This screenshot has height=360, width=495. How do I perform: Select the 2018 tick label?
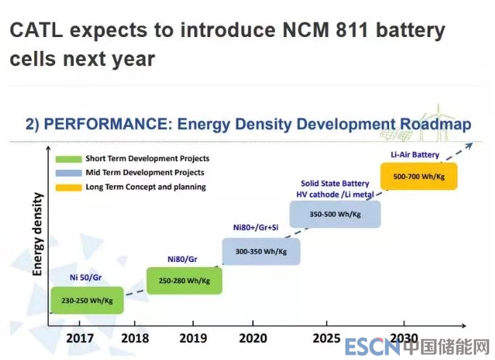(136, 337)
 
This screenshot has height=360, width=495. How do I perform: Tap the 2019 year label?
(192, 337)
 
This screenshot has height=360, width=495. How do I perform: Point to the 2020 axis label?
(252, 337)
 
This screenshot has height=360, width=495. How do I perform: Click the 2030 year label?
(404, 337)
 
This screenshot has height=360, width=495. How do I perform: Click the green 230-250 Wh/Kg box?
(86, 300)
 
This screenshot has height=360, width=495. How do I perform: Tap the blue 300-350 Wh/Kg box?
(261, 250)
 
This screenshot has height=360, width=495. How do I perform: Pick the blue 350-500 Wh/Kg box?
(335, 215)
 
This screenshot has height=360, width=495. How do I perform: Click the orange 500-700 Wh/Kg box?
(419, 176)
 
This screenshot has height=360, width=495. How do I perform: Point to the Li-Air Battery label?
(415, 153)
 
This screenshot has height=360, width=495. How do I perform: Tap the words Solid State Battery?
(335, 183)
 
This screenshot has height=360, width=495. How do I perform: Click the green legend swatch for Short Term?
(67, 158)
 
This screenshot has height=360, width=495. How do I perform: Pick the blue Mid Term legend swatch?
(67, 173)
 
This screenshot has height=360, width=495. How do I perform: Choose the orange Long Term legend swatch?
(67, 187)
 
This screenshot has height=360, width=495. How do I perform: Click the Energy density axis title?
(38, 234)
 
